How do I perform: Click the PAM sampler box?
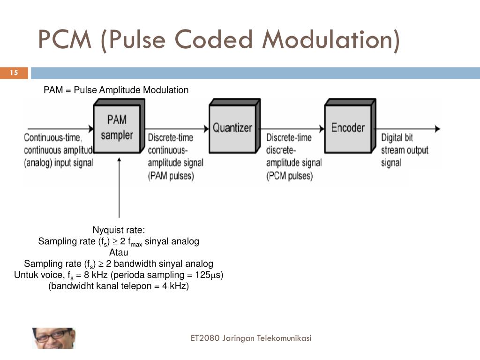117,128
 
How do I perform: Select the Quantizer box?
232,127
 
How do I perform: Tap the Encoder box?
348,127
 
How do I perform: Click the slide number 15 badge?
14,73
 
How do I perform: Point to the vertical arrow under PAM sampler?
120,187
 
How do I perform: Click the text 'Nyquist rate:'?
119,230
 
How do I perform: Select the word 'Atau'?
119,253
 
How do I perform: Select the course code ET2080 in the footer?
205,338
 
